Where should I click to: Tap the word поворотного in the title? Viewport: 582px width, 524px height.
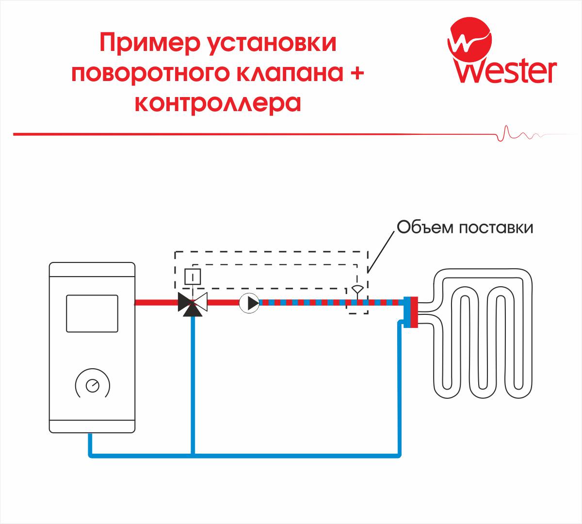pos(150,74)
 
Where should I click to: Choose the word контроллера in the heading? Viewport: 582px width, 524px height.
pos(218,103)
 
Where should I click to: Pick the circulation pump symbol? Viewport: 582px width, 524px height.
pos(250,303)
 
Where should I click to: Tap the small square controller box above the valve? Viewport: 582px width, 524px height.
pos(193,278)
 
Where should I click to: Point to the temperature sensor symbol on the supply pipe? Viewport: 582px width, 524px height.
pos(357,290)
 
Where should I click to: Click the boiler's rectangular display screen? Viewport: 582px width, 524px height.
pos(92,313)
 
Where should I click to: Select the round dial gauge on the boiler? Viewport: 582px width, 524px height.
pos(92,386)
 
